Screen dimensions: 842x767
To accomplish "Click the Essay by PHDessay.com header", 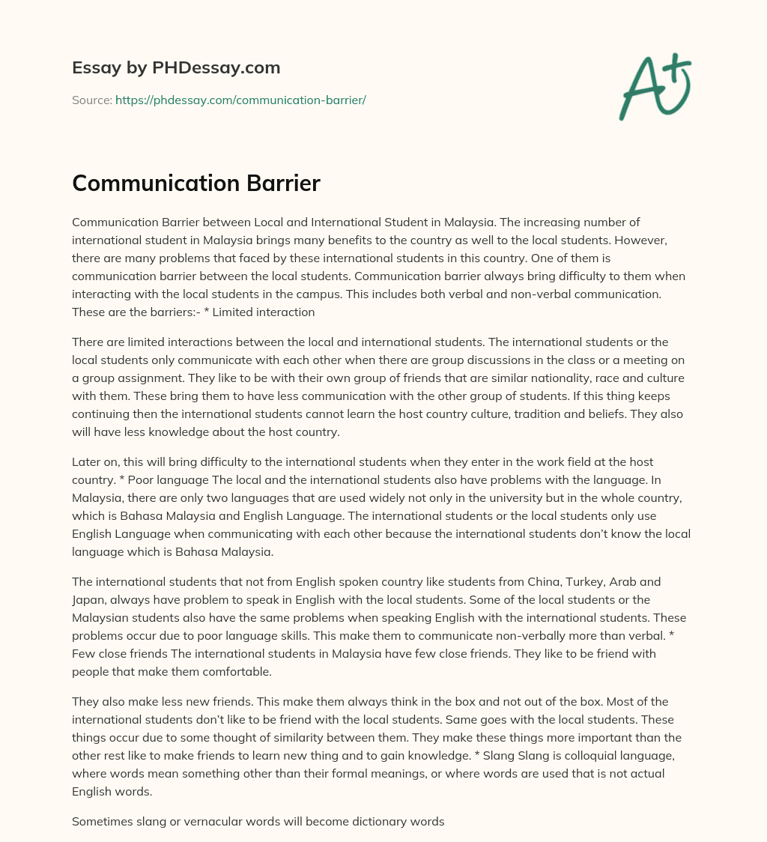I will click(x=176, y=68).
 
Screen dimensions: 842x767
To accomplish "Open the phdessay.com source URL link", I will click(x=240, y=100).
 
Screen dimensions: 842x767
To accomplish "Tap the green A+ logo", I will click(x=655, y=87).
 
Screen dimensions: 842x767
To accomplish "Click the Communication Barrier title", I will click(x=196, y=184).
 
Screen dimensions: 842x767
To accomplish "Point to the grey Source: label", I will click(x=91, y=100).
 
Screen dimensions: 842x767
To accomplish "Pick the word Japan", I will click(x=89, y=599).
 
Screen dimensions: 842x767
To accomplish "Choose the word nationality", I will click(x=482, y=378).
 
